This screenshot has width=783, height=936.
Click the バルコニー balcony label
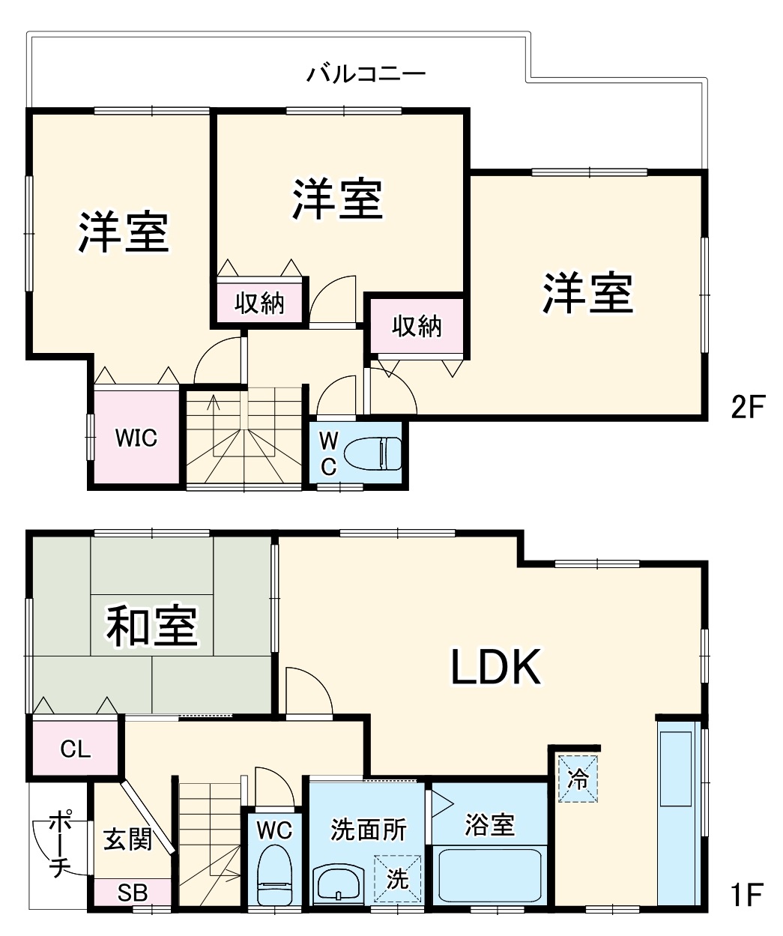click(366, 74)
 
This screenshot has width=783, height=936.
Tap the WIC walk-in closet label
click(136, 437)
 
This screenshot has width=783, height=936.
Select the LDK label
click(495, 667)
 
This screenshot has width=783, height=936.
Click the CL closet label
click(75, 748)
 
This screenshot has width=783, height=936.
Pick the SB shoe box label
click(133, 893)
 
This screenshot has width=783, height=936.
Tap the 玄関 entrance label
click(127, 839)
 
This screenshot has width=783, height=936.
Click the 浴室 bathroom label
click(489, 825)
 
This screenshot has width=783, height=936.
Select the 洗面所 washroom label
click(369, 830)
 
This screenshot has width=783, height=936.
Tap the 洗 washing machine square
click(397, 878)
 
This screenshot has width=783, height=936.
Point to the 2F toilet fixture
click(373, 454)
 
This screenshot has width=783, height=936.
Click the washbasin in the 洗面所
click(338, 884)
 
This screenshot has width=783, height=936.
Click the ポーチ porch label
click(58, 844)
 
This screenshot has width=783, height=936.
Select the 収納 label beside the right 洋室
click(417, 326)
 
